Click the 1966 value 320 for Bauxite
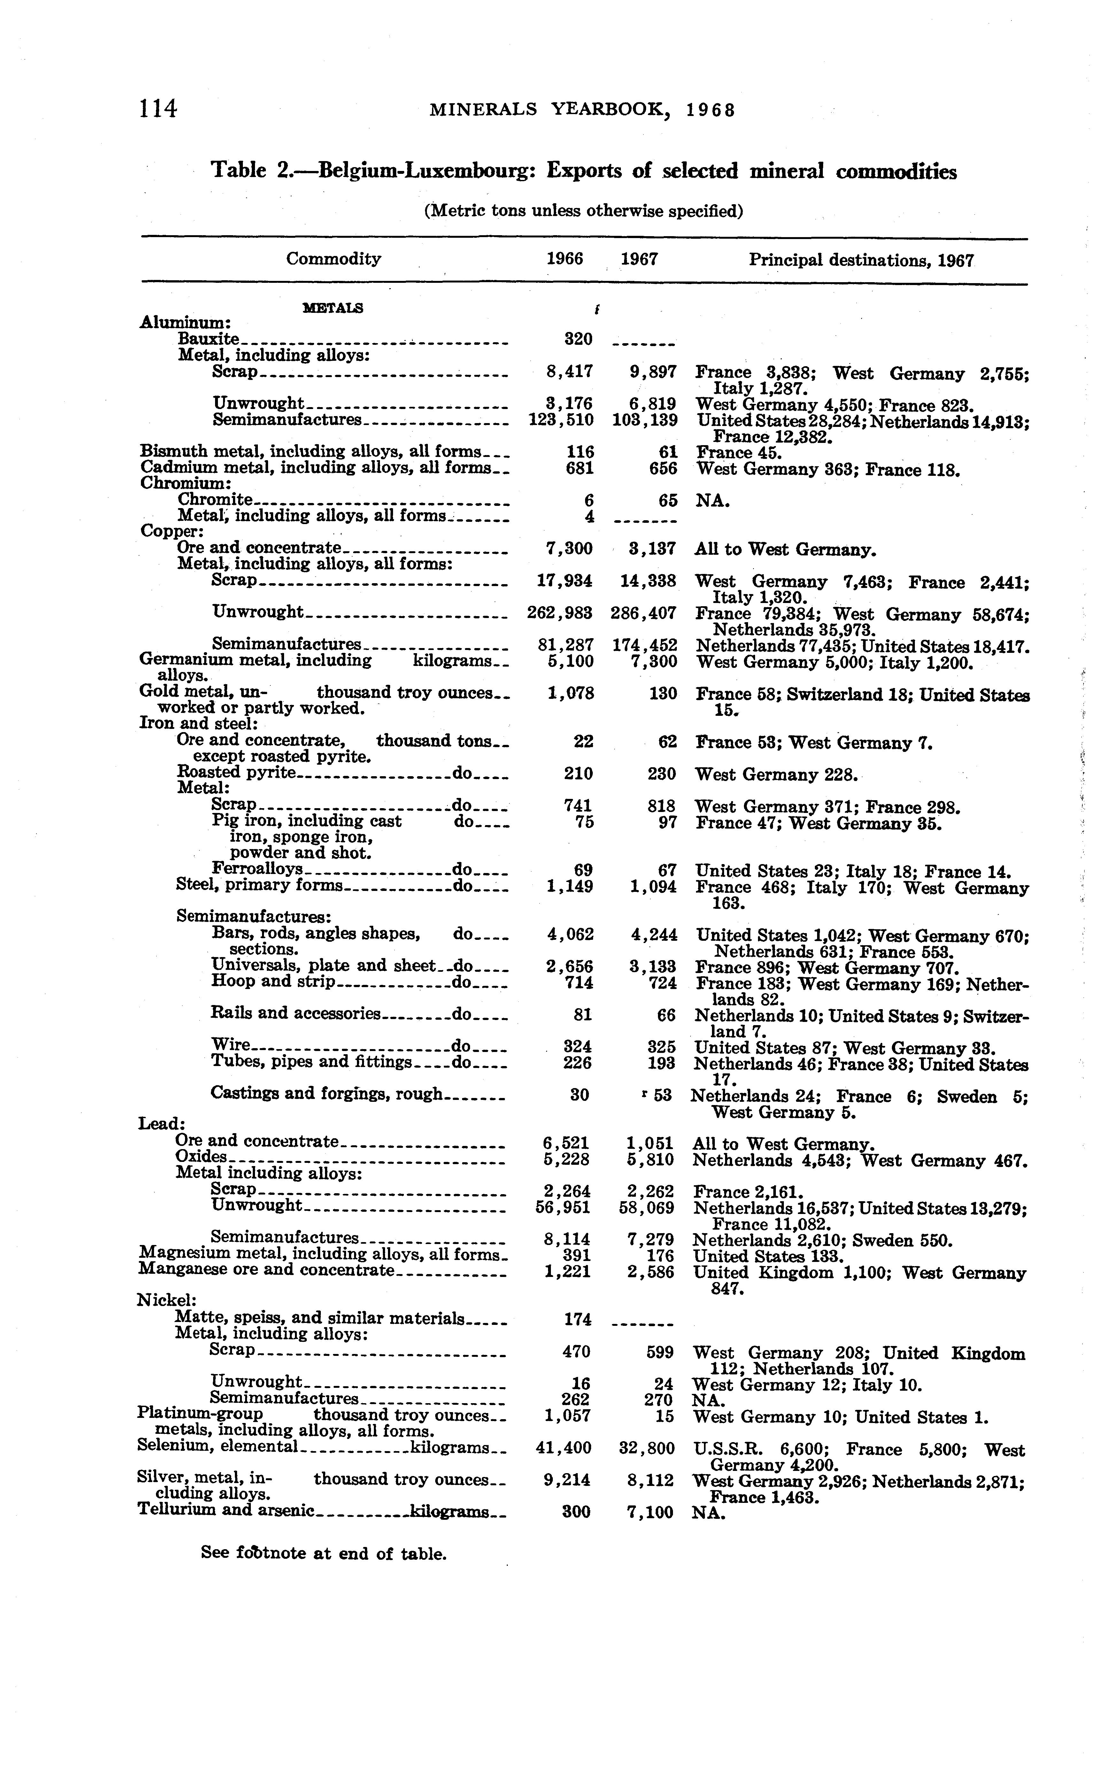coord(577,339)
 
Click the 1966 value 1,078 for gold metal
coord(570,693)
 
